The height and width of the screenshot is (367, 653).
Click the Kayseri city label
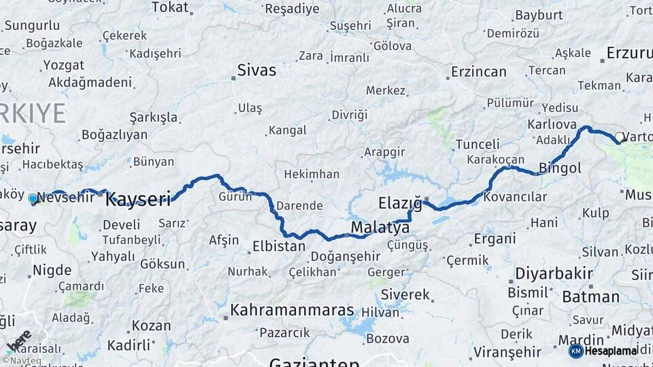point(138,199)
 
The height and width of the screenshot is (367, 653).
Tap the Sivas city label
point(256,70)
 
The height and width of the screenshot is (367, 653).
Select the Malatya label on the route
point(380,227)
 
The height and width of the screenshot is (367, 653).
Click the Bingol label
point(560,167)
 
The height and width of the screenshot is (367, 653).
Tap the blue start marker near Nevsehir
point(33,198)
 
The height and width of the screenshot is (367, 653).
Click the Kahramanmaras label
point(292,311)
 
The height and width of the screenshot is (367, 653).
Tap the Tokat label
point(169,7)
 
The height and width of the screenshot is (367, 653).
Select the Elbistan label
point(278,246)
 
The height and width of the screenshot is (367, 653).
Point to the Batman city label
point(590,296)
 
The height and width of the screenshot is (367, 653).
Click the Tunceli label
point(477,144)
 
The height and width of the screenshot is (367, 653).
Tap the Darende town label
point(299,205)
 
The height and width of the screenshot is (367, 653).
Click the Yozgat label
point(63,65)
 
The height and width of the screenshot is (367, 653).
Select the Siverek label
point(405,295)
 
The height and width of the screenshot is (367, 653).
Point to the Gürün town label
point(235,196)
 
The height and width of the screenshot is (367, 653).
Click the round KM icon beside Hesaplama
point(575,351)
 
